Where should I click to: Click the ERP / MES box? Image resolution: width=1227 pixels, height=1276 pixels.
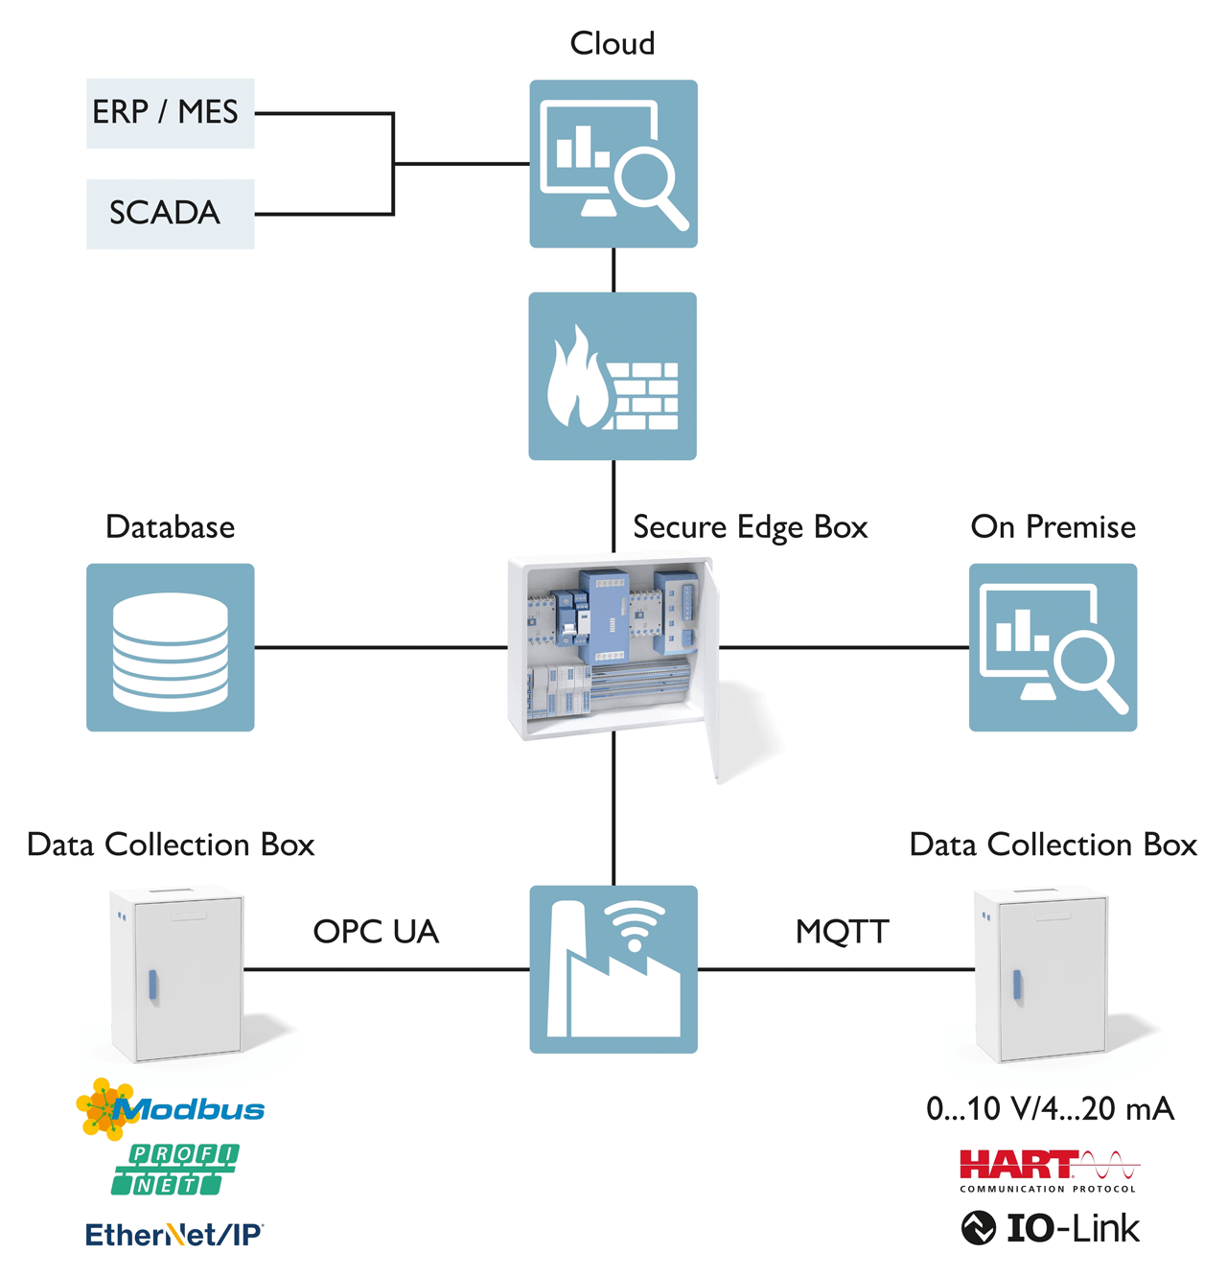tap(170, 113)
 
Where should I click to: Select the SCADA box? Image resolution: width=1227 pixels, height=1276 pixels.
tap(170, 214)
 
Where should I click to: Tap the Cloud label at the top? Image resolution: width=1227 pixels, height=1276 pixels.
tap(613, 43)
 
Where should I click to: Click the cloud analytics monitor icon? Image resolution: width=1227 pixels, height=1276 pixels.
tap(613, 164)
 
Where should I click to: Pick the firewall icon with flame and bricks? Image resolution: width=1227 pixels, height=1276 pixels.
tap(613, 376)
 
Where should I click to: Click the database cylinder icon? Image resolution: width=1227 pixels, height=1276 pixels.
tap(171, 648)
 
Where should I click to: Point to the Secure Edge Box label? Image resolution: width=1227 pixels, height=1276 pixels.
tap(750, 527)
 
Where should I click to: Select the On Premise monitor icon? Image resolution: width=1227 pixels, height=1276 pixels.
tap(1053, 648)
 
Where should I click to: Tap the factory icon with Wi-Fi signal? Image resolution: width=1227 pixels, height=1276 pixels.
tap(613, 969)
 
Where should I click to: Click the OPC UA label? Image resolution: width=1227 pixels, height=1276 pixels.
tap(376, 932)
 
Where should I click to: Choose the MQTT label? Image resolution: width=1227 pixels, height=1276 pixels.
tap(842, 932)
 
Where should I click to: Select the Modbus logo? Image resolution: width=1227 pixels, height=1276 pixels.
tap(171, 1109)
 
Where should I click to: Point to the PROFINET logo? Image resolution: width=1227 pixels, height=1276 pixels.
tap(174, 1170)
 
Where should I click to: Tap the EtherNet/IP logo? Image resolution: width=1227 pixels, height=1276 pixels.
tap(174, 1235)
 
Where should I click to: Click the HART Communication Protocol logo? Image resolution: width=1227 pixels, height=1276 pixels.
tap(1049, 1171)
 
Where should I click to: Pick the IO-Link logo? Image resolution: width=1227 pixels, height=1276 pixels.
tap(1051, 1228)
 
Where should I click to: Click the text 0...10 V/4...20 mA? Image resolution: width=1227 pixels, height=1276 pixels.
tap(1050, 1109)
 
